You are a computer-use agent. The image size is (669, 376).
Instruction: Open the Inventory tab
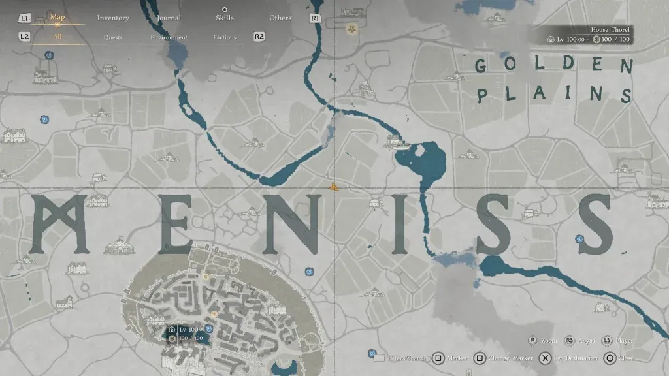click(x=113, y=18)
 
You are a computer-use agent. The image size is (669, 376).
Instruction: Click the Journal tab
click(x=169, y=18)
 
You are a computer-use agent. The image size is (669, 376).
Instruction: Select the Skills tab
click(x=224, y=18)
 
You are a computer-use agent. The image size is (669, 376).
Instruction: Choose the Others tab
click(x=280, y=18)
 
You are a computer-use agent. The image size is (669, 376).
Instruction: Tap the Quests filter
click(x=113, y=37)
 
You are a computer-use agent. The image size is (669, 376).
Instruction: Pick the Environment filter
click(x=169, y=37)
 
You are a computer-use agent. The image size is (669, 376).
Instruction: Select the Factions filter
click(x=224, y=37)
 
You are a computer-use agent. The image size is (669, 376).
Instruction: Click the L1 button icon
click(x=25, y=18)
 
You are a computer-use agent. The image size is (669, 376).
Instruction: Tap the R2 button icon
click(x=259, y=37)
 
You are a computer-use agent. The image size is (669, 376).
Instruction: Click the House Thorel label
click(x=610, y=30)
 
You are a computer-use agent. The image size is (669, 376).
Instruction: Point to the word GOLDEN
click(x=554, y=65)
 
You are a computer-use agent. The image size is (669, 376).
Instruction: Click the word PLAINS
click(x=554, y=95)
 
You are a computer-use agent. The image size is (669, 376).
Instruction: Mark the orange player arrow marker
click(x=334, y=187)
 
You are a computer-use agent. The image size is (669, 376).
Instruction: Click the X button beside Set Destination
click(x=544, y=358)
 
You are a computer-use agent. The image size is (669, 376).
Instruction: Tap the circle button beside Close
click(x=609, y=358)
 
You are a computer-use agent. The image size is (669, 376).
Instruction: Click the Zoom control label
click(x=549, y=341)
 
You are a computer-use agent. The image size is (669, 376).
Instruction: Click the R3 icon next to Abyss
click(x=570, y=341)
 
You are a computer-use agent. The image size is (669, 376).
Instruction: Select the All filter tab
click(x=57, y=37)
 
